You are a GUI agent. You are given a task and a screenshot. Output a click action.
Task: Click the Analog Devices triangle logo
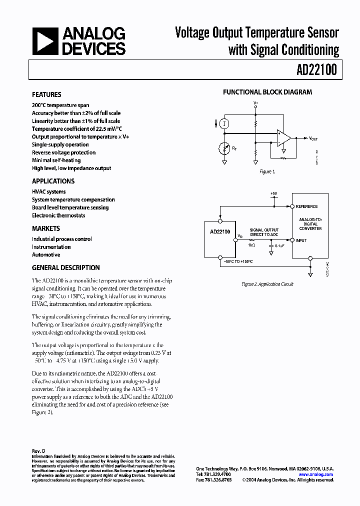[44, 41]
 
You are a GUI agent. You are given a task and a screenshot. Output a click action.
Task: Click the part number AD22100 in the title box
[315, 70]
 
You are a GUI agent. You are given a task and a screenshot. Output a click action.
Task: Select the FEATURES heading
[46, 94]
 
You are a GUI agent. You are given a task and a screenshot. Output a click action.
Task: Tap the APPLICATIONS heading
[53, 181]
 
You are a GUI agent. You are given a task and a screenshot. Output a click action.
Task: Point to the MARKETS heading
[46, 228]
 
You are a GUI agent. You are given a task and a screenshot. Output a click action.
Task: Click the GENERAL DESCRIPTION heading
[66, 267]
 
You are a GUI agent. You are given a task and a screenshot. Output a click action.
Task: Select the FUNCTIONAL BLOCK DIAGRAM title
[267, 92]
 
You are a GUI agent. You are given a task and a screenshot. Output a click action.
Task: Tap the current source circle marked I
[225, 123]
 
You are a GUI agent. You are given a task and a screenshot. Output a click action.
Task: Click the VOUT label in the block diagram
[313, 138]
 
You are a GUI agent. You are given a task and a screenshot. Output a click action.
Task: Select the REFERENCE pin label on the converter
[306, 206]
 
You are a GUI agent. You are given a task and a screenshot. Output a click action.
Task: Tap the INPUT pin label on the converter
[301, 240]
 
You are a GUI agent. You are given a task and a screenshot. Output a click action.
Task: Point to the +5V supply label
[273, 193]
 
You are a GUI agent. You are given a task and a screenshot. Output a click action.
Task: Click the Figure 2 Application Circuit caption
[267, 284]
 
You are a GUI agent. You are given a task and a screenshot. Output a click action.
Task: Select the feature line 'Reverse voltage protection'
[63, 152]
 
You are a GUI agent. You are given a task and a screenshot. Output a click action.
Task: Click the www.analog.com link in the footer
[315, 474]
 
